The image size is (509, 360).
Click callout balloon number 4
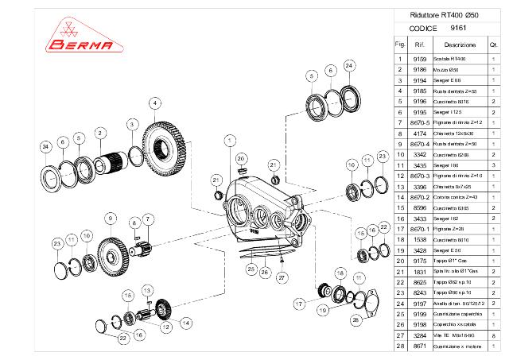point(154,102)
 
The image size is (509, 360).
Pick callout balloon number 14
point(185,323)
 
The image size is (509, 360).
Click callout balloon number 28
point(356,319)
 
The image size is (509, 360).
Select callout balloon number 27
point(281,277)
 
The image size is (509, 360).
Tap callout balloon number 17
point(300,303)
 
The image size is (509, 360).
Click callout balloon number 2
point(101,132)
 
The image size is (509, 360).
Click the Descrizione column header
point(460,45)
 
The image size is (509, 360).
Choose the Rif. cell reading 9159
point(421,59)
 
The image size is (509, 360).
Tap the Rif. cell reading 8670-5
point(421,122)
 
